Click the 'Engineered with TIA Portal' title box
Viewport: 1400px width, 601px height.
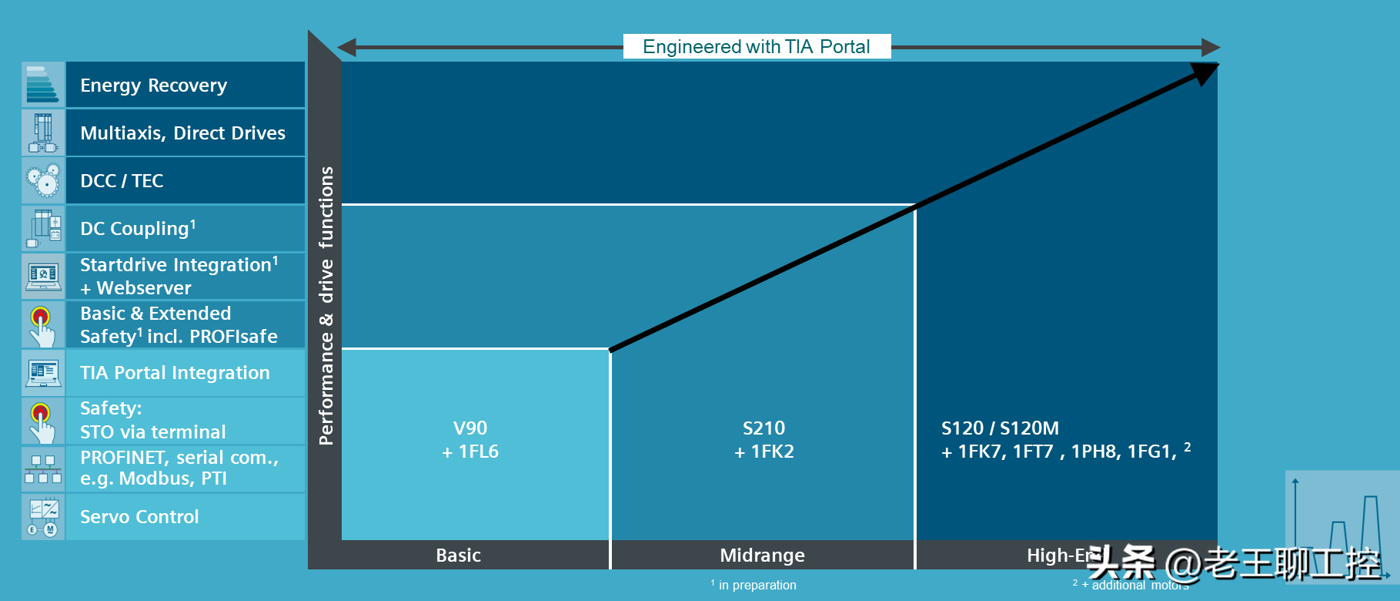point(757,46)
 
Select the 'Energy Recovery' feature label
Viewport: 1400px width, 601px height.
point(154,86)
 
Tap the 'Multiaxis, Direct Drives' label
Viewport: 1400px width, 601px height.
point(182,133)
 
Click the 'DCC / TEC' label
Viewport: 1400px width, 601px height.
point(122,181)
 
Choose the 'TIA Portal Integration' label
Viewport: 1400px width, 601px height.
point(175,373)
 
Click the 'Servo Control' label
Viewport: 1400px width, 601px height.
point(139,517)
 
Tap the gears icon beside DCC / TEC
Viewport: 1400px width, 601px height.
point(43,180)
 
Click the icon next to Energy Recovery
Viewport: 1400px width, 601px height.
point(43,85)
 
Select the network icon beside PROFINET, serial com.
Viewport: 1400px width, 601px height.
point(43,468)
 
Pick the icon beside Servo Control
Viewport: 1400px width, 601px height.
point(43,517)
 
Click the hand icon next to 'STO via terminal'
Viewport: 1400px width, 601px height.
point(43,421)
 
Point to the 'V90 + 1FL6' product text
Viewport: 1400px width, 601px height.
point(470,440)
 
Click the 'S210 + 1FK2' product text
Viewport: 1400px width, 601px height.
point(763,440)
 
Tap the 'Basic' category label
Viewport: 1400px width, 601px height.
point(458,556)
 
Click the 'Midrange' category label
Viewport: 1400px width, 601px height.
point(762,556)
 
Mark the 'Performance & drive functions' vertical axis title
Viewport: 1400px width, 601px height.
point(326,306)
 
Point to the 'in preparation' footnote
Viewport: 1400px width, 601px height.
point(757,586)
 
